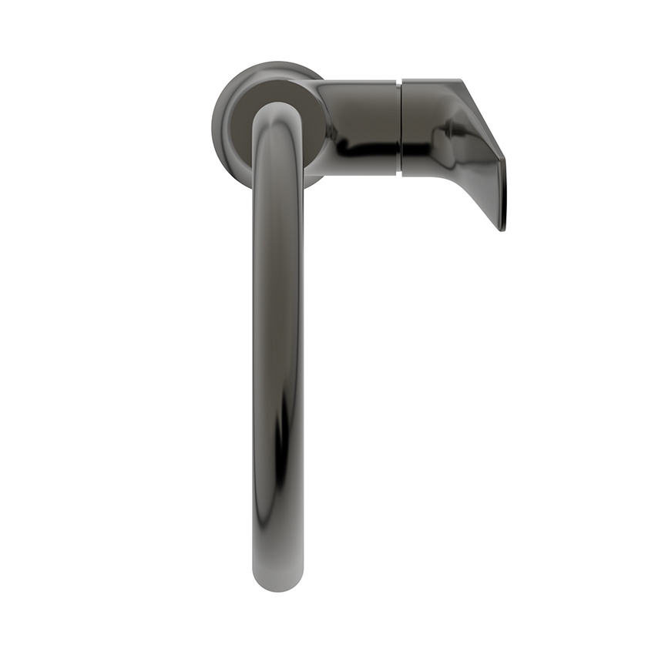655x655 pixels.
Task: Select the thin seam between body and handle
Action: pyautogui.click(x=400, y=127)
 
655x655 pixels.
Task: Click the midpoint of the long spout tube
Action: pyautogui.click(x=277, y=347)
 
